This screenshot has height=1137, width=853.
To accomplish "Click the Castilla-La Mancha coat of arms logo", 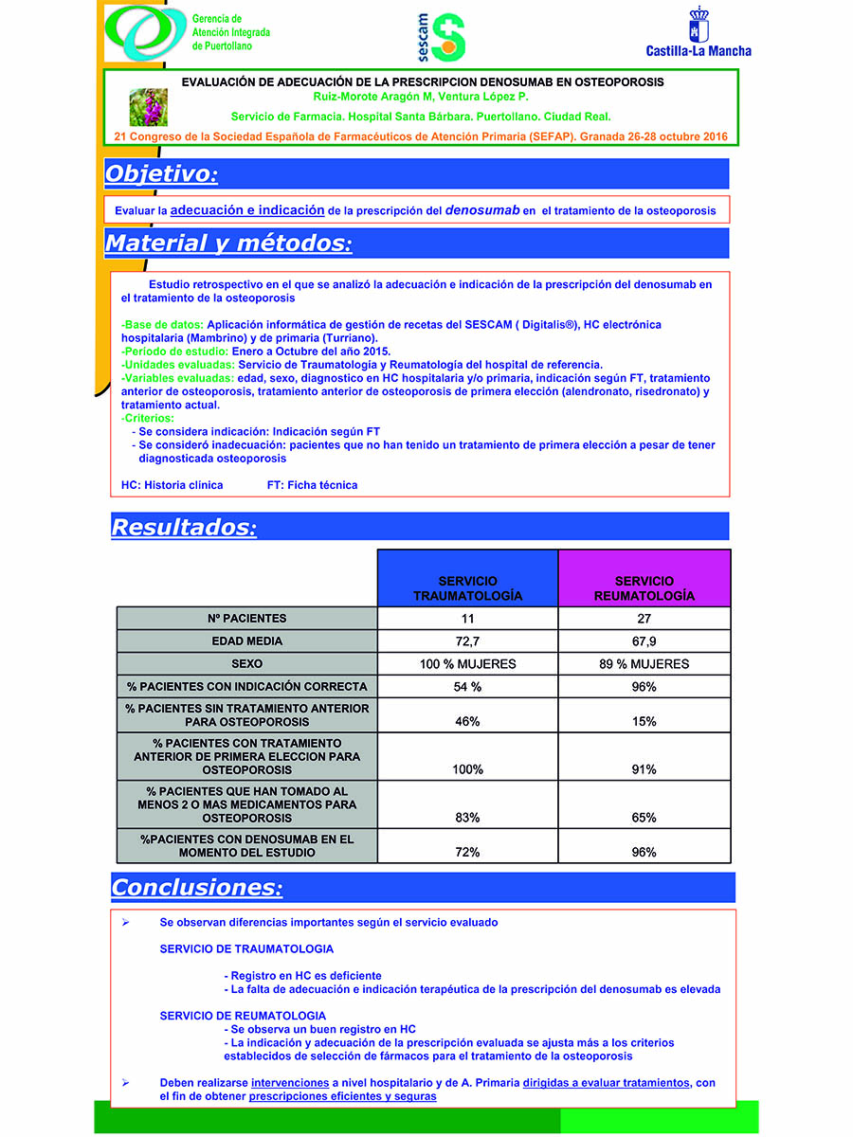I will click(x=699, y=25).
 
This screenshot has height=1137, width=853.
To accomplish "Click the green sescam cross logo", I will click(x=448, y=35).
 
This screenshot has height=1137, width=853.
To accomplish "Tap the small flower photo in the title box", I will click(x=148, y=107).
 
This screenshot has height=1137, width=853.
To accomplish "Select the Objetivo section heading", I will click(x=161, y=174).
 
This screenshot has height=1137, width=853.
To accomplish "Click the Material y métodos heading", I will click(x=228, y=244).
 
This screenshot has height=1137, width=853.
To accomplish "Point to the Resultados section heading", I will click(x=183, y=527).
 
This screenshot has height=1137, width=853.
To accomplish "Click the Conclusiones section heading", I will click(x=196, y=888).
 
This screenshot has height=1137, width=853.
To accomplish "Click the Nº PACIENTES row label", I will click(x=246, y=619).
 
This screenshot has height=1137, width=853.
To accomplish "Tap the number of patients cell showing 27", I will click(x=644, y=619).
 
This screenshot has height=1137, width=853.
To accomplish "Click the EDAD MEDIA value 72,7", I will click(x=467, y=641).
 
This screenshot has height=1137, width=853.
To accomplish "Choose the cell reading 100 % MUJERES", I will click(x=467, y=664).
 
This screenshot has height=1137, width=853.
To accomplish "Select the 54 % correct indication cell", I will click(x=467, y=687).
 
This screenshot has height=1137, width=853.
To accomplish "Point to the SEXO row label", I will click(x=246, y=664).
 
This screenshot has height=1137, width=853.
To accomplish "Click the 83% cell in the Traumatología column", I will click(x=467, y=817).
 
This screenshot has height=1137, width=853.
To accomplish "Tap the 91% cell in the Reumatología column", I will click(x=644, y=769).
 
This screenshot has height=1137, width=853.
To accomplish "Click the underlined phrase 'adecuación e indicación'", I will click(x=247, y=209).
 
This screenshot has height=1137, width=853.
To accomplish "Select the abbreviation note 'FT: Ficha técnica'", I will click(x=312, y=485).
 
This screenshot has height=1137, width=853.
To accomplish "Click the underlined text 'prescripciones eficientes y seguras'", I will click(x=342, y=1096).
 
